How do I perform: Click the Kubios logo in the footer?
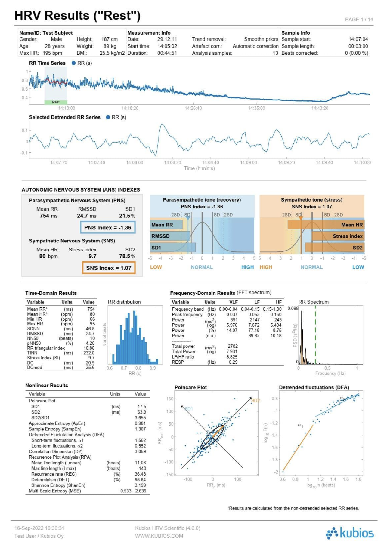(350, 533)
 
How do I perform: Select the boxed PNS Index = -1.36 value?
(108, 228)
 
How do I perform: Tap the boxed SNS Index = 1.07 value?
(109, 268)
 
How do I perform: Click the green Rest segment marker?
(56, 102)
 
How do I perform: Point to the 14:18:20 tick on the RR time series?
(130, 108)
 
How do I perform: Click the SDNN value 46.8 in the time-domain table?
(90, 329)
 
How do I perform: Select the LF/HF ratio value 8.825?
(232, 357)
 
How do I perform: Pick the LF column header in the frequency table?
(257, 302)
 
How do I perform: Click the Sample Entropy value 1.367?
(140, 429)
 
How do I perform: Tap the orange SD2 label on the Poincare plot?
(255, 400)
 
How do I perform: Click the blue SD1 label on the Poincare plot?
(188, 409)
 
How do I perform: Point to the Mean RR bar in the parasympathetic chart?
(166, 225)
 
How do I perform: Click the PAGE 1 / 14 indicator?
(359, 20)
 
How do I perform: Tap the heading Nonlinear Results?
(47, 385)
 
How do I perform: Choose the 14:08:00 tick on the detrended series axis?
(135, 162)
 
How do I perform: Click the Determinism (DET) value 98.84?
(140, 480)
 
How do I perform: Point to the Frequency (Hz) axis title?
(330, 373)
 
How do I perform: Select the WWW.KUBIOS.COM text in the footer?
(159, 536)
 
